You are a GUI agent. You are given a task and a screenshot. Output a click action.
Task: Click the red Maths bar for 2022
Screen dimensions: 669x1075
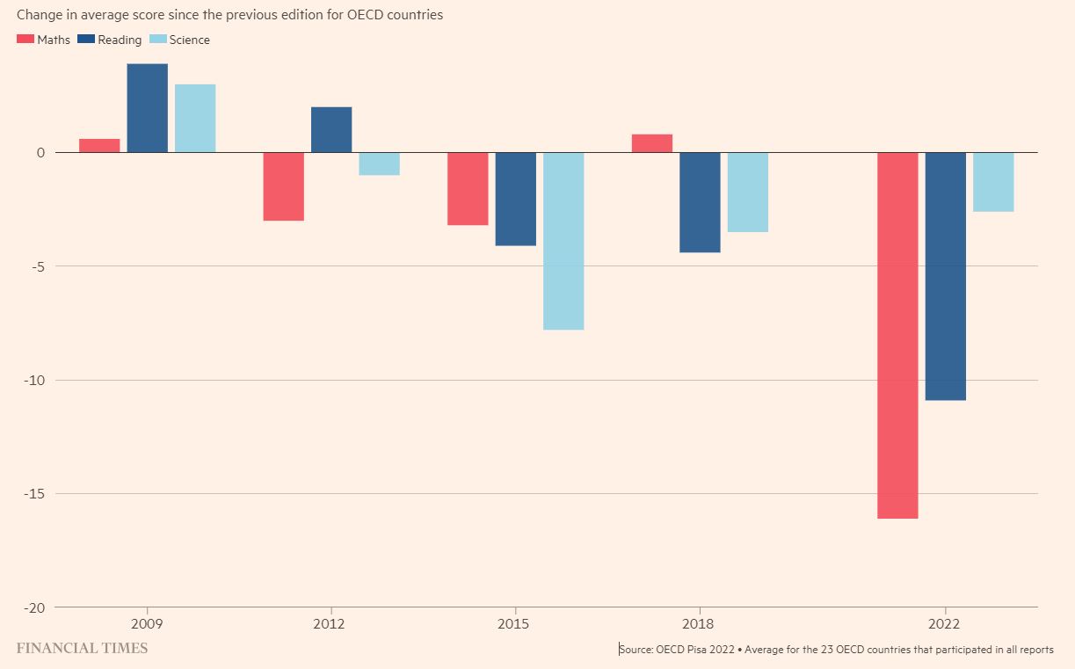pos(897,335)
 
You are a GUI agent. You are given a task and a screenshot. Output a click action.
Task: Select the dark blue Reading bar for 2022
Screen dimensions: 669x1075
pos(945,276)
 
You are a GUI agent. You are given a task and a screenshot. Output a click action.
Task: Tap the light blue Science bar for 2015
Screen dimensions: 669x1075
pos(563,241)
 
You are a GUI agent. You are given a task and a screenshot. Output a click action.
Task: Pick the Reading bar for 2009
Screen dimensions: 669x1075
pos(147,108)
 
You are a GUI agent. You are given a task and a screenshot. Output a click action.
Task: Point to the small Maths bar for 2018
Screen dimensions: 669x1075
pos(652,143)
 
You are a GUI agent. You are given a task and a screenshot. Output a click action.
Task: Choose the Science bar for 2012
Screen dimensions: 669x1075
pos(379,164)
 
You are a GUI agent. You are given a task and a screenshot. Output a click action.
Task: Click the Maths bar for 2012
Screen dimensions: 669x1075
pos(284,186)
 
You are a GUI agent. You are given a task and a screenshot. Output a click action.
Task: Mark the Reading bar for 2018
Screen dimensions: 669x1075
pos(700,202)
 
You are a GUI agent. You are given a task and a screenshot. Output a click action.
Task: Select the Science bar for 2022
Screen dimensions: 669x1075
pos(993,182)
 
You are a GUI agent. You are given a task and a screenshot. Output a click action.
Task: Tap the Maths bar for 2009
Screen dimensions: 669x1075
pos(99,146)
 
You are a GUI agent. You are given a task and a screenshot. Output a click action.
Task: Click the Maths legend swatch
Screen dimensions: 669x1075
pos(25,40)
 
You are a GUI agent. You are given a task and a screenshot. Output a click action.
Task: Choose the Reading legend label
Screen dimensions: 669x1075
pos(120,40)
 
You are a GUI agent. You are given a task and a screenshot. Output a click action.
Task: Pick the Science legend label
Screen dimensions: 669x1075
pos(189,40)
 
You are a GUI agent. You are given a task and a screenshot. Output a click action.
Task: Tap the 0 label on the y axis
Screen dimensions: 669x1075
pos(40,153)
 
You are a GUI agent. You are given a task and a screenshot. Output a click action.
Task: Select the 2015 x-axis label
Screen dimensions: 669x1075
pos(514,623)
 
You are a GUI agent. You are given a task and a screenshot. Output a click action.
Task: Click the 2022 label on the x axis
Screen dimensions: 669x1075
pos(945,623)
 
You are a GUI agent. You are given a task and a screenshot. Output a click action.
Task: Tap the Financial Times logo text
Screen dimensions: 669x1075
pos(82,649)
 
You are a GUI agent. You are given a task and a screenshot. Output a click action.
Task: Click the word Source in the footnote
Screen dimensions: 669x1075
pos(636,650)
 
